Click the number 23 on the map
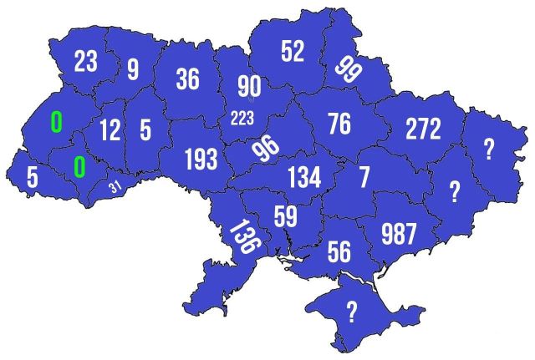click(86, 61)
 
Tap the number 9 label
click(133, 68)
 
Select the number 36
click(187, 79)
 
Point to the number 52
click(293, 52)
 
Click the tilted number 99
click(347, 68)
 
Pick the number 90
click(249, 86)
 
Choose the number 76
click(339, 124)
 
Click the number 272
click(423, 128)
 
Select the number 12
click(110, 130)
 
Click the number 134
click(303, 177)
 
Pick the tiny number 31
click(115, 186)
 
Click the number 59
click(285, 217)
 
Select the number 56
click(339, 250)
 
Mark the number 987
click(397, 233)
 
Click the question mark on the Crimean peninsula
click(352, 312)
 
